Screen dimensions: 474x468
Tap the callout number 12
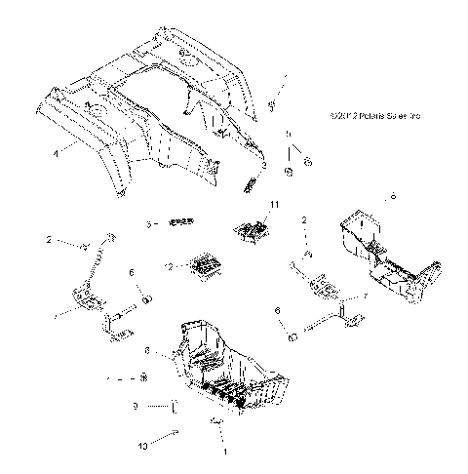click(x=170, y=266)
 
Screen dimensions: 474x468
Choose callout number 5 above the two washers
click(x=288, y=133)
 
